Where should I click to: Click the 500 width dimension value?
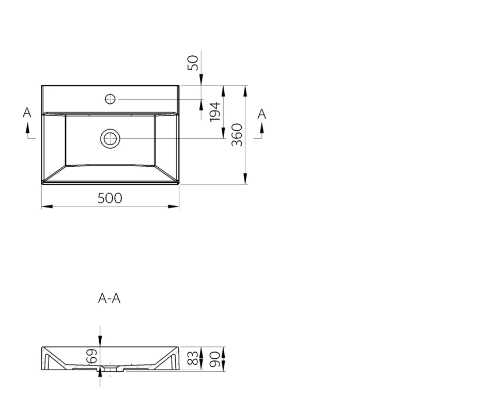(x=110, y=198)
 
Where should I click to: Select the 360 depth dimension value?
(x=237, y=135)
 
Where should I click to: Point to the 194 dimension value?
(x=215, y=112)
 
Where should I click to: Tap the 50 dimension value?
(x=193, y=62)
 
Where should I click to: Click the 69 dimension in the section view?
(x=91, y=356)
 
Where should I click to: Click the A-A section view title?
(x=109, y=298)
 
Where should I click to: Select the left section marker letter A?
(x=27, y=113)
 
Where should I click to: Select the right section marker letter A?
(x=262, y=114)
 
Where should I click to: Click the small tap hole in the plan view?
(x=110, y=99)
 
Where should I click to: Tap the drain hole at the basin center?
(x=110, y=138)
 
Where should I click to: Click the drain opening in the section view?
(x=110, y=369)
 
